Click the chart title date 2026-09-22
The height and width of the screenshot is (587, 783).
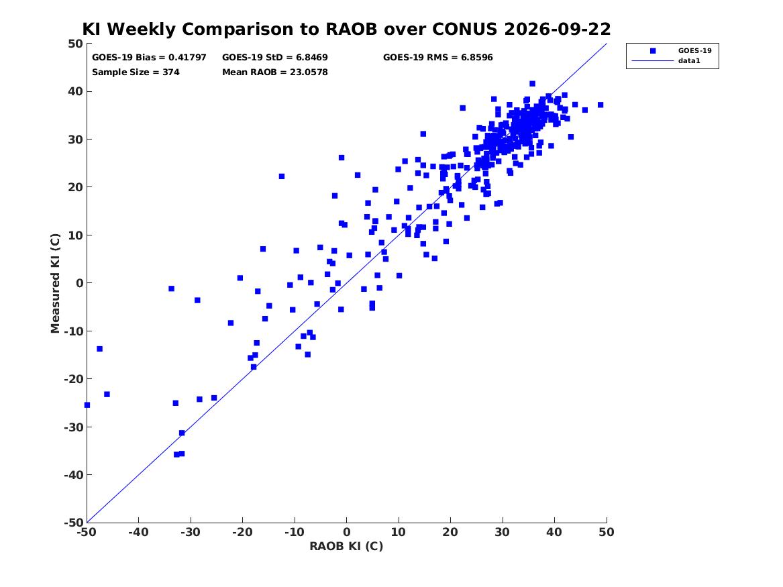(558, 29)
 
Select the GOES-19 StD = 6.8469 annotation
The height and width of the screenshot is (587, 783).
(274, 58)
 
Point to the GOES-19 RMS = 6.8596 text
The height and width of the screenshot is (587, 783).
(438, 58)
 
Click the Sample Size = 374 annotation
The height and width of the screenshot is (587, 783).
(136, 72)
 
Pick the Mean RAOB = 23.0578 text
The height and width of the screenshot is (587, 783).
(274, 72)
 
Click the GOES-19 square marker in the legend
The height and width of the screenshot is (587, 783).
(653, 50)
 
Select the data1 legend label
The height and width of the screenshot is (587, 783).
(689, 61)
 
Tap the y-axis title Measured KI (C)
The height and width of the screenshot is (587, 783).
(55, 283)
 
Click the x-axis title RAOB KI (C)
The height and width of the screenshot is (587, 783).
(346, 546)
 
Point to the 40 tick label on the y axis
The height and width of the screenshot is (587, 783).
(75, 91)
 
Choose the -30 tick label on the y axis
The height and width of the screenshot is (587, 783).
(73, 427)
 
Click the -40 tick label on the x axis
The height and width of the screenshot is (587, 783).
(138, 532)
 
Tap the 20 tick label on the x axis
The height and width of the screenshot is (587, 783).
(450, 532)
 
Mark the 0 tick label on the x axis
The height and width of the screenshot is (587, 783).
(346, 532)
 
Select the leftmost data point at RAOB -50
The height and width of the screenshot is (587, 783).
(87, 405)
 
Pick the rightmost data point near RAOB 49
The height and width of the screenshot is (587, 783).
(601, 105)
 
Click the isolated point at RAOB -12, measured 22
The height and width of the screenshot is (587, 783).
(282, 176)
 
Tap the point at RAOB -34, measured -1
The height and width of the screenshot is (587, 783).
(171, 288)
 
